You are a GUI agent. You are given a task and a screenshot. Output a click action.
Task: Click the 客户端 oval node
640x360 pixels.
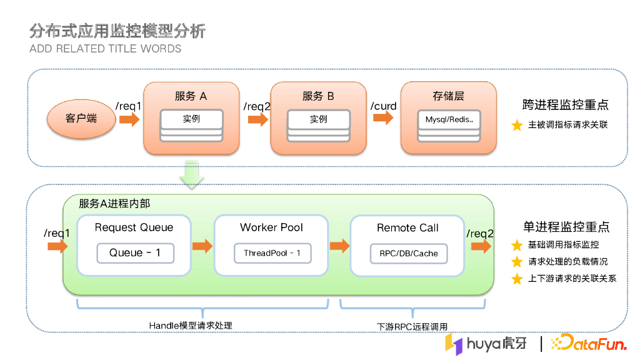[81, 118]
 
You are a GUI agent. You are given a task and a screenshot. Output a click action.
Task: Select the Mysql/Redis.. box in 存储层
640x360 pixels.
[449, 119]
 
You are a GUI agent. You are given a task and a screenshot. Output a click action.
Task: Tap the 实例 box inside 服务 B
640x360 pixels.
[318, 119]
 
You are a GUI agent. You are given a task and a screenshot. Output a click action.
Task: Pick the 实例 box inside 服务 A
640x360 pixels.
[191, 119]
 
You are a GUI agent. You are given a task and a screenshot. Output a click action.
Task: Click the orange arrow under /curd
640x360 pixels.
[382, 119]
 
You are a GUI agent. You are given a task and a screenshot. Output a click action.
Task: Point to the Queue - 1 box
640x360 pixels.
[135, 252]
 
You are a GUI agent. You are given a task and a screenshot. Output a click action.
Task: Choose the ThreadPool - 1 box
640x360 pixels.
[272, 252]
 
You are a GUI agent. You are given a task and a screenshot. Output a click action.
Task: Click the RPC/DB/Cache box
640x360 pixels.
[409, 253]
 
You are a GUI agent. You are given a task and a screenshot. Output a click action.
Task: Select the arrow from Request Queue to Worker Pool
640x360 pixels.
[202, 246]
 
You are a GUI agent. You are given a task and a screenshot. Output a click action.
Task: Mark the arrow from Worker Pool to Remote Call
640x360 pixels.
[339, 246]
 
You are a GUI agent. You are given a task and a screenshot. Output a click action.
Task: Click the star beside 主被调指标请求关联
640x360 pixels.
[517, 125]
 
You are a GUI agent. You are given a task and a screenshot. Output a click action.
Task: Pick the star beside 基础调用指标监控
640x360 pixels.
[517, 246]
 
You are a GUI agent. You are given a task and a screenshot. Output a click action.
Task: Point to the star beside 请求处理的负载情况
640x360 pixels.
[517, 262]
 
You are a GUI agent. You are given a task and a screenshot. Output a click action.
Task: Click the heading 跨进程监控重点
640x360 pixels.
[565, 105]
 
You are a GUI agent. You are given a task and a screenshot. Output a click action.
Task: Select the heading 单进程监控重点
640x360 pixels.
[566, 227]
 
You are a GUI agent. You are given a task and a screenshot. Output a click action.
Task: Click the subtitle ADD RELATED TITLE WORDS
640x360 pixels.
[106, 49]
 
